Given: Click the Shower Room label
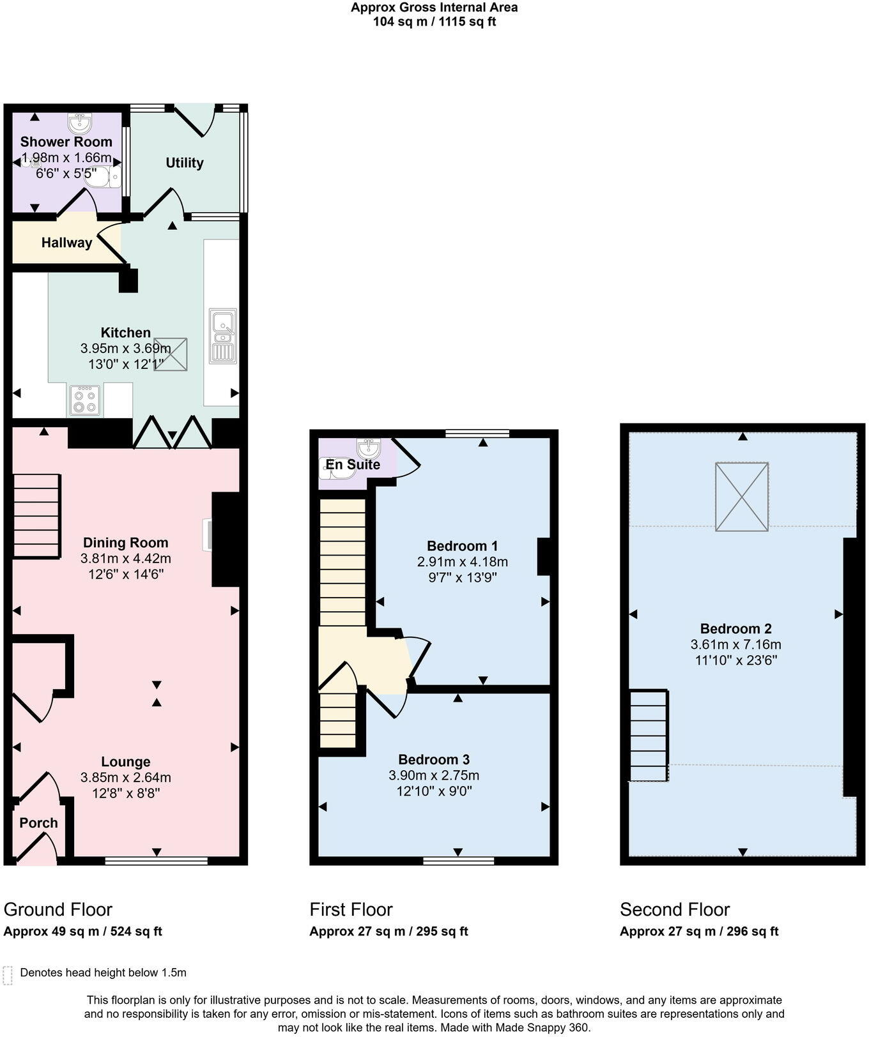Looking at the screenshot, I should click(66, 142).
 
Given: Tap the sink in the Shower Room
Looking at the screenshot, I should click(80, 121).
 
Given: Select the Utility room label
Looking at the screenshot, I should click(185, 163).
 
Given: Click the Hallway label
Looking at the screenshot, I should click(66, 243).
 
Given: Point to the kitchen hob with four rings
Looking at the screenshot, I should click(84, 400).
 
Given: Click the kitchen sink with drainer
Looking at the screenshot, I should click(223, 337).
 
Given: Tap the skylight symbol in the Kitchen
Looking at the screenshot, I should click(171, 354).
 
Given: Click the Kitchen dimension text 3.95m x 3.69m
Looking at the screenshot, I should click(125, 349).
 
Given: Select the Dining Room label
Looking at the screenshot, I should click(125, 543).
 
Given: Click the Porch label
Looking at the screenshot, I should click(38, 823).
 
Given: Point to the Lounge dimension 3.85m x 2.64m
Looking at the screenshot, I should click(125, 778).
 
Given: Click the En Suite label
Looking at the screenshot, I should click(353, 465).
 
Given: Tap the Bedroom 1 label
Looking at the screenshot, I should click(462, 546).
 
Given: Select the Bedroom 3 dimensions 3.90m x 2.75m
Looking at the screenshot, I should click(434, 776).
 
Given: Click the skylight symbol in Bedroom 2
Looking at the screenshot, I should click(742, 497).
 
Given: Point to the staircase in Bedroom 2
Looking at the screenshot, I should click(649, 735).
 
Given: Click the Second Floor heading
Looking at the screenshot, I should click(674, 909).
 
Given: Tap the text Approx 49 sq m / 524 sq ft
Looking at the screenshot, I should click(82, 932).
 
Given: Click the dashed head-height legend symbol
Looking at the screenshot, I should click(8, 975).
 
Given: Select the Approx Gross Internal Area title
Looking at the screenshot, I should click(434, 8).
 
